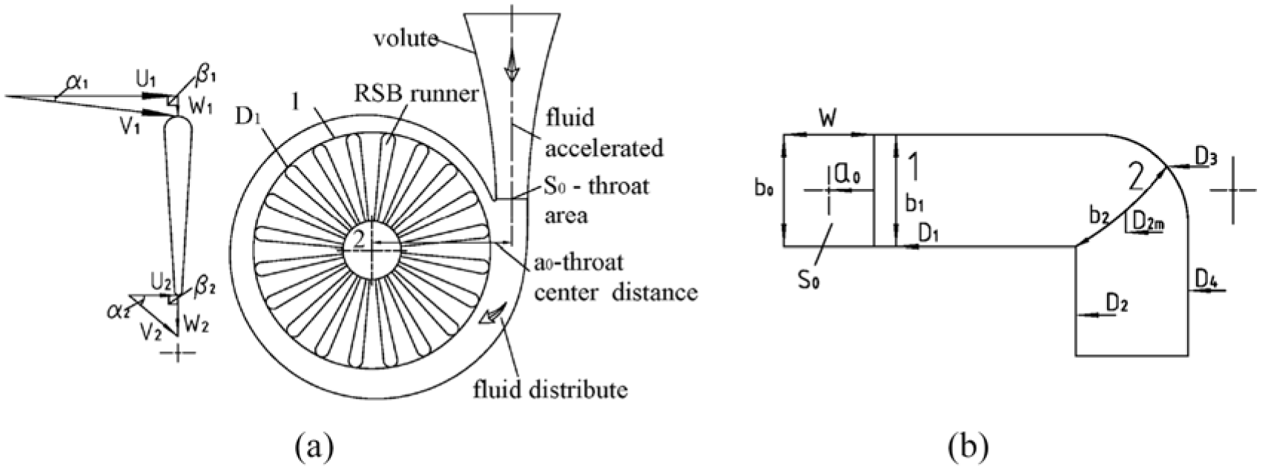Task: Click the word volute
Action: click(406, 39)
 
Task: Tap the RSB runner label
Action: click(417, 93)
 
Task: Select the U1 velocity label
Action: click(145, 80)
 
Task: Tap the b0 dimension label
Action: click(763, 190)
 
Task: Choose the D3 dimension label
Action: click(1206, 159)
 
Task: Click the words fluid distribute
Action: click(550, 389)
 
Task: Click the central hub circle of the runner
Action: click(371, 248)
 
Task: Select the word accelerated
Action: click(604, 148)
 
